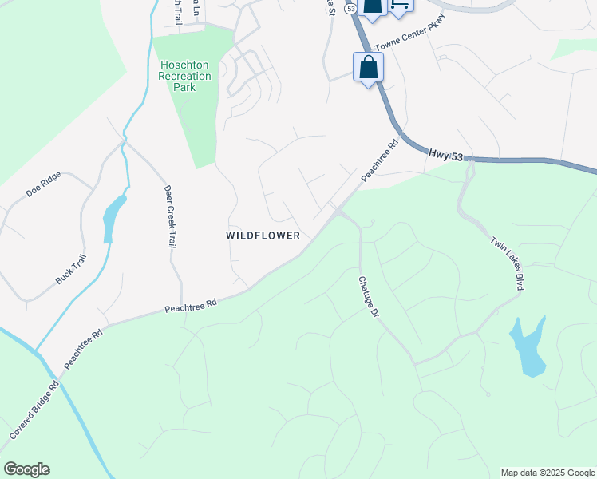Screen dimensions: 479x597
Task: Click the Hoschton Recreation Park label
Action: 185,76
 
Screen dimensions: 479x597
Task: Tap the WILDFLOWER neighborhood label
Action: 263,236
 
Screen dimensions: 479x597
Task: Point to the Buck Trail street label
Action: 70,269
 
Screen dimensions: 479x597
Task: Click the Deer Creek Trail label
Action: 169,217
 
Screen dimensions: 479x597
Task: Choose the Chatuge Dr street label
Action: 366,297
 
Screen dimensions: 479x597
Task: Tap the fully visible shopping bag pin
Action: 368,68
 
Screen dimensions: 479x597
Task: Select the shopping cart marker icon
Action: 400,5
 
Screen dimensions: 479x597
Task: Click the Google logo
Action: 26,469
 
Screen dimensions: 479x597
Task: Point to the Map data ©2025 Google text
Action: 548,473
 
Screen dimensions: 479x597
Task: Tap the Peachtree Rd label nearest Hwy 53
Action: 379,161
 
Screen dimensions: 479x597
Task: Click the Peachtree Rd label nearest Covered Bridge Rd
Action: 84,349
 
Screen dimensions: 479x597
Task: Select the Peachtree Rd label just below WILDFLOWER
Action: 191,304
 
